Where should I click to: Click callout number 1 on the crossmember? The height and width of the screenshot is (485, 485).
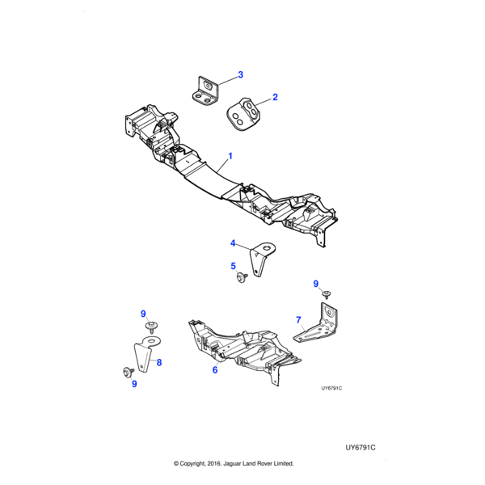point(230,155)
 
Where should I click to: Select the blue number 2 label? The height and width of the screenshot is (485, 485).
point(275,97)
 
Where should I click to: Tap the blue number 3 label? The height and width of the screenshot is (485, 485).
point(240,75)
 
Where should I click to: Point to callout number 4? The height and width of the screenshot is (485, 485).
point(233,243)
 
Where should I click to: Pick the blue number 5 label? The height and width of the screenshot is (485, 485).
point(233,266)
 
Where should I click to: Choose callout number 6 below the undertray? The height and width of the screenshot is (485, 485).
point(215,370)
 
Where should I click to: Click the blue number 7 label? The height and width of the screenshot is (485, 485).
point(298,320)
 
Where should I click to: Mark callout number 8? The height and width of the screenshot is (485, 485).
point(159,363)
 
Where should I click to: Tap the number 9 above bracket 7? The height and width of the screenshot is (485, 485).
point(316,283)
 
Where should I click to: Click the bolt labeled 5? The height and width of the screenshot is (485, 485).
point(241,278)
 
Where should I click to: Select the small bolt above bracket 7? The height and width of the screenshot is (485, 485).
point(327,295)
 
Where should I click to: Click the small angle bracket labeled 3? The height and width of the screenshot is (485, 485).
point(207,90)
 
